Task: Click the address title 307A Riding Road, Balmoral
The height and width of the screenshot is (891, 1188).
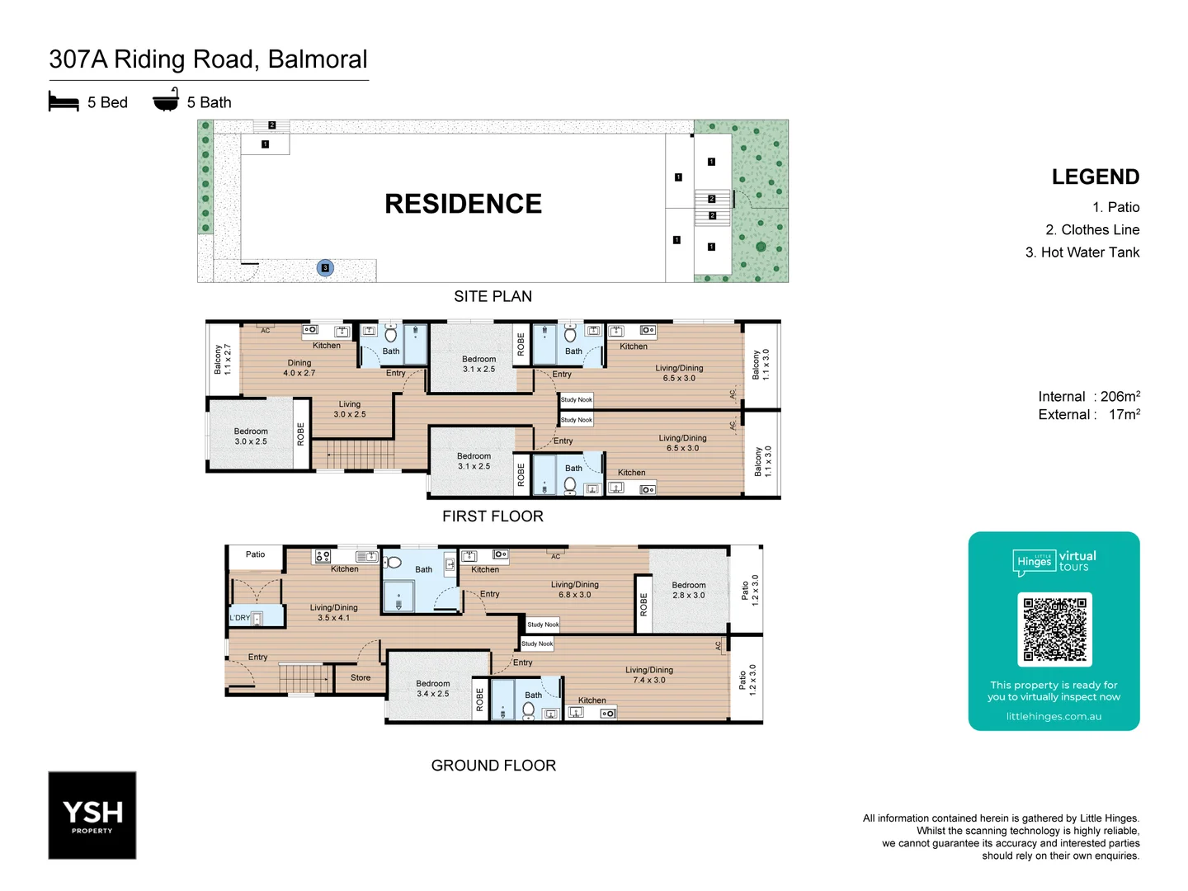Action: point(208,59)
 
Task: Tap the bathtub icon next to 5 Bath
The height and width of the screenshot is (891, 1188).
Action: point(166,100)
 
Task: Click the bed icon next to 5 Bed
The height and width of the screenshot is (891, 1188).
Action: point(64,101)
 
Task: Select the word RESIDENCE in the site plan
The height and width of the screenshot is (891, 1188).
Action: point(463,204)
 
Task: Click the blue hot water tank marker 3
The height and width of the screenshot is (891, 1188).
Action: point(325,267)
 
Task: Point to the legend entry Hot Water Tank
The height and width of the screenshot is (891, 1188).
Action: point(1082,252)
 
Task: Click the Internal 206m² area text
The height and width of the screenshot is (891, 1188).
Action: point(1088,397)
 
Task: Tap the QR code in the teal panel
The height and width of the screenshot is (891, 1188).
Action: point(1054,629)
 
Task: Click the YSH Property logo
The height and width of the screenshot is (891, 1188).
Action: point(92,815)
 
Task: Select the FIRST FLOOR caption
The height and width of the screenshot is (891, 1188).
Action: point(493,516)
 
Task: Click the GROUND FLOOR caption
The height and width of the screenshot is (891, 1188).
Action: point(493,766)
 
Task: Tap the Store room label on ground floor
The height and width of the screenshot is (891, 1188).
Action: point(361,678)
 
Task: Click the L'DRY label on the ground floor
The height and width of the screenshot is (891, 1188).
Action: point(239,618)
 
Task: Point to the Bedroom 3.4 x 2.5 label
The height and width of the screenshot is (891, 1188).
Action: point(433,689)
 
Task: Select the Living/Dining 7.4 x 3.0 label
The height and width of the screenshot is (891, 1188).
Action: point(649,675)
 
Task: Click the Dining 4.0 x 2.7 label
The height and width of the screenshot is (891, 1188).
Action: point(299,368)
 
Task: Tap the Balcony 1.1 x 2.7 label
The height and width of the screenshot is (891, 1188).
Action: point(223,360)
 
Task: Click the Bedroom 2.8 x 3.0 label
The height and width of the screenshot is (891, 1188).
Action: point(689,590)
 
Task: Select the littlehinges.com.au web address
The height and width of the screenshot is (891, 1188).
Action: point(1054,716)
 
